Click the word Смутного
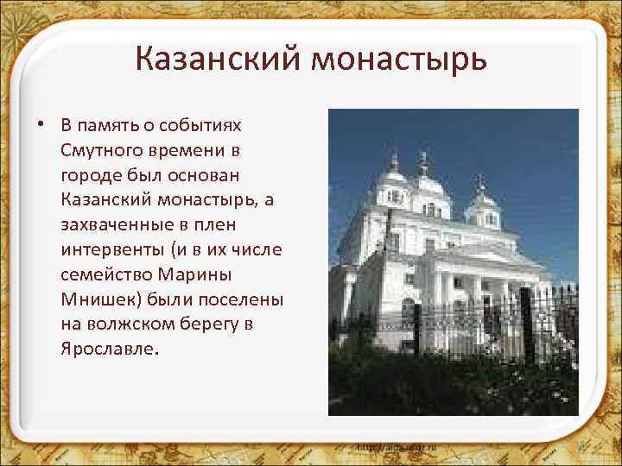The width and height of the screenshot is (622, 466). [x=98, y=151]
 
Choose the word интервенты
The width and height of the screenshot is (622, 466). [x=110, y=249]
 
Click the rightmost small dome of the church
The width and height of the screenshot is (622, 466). [x=480, y=204]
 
